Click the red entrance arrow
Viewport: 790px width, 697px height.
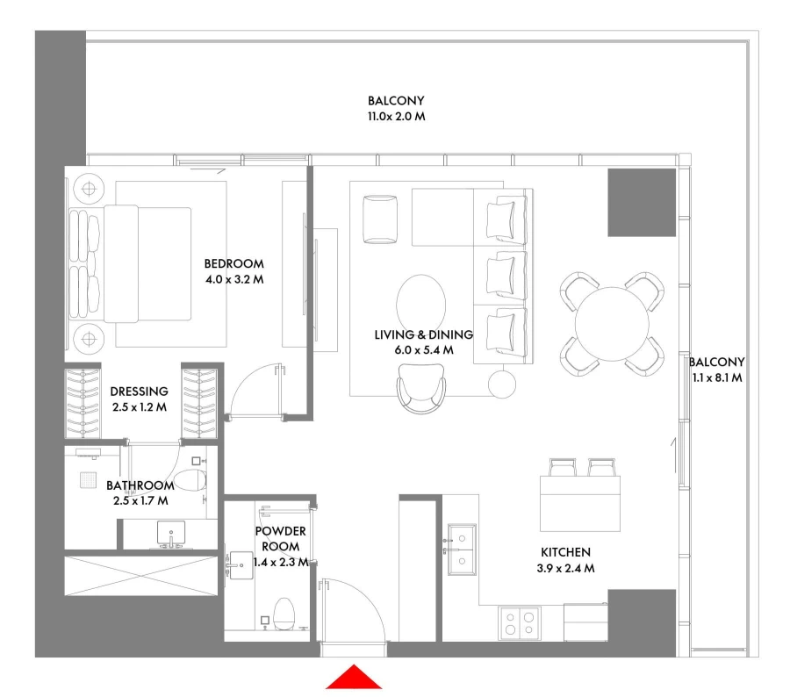(x=354, y=679)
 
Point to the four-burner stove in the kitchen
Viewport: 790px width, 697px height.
(x=519, y=623)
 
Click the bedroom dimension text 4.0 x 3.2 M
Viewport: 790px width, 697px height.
(x=233, y=280)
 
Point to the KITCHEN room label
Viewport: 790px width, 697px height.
(x=565, y=552)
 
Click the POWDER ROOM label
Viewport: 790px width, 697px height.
(x=281, y=539)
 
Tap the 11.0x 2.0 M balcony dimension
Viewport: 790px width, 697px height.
(x=396, y=117)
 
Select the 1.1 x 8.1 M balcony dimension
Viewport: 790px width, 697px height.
(x=716, y=378)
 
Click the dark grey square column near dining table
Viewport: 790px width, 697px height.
(x=642, y=202)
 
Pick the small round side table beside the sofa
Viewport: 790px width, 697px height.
(x=502, y=382)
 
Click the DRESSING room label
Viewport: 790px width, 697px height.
(x=139, y=392)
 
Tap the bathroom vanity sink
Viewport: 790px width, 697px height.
(x=168, y=534)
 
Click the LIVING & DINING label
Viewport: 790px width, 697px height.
(x=423, y=334)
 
